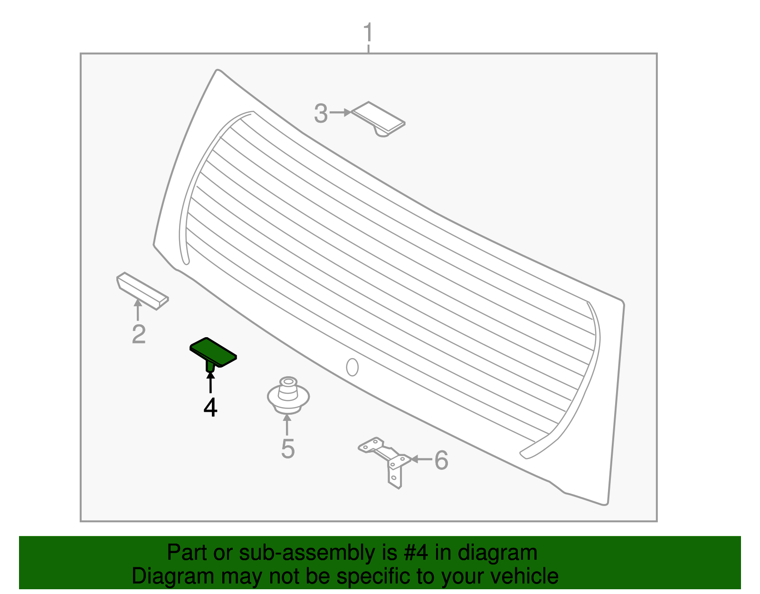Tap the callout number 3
[x=321, y=113]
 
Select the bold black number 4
[x=210, y=407]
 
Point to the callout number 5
[x=288, y=449]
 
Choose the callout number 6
[x=441, y=460]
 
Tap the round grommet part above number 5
[x=288, y=396]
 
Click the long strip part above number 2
[x=142, y=291]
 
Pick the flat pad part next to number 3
[x=378, y=119]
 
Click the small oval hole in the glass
[x=352, y=367]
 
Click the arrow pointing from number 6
[x=421, y=459]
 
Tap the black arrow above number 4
[x=210, y=382]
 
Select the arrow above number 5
[x=287, y=425]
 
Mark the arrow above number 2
[x=138, y=310]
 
